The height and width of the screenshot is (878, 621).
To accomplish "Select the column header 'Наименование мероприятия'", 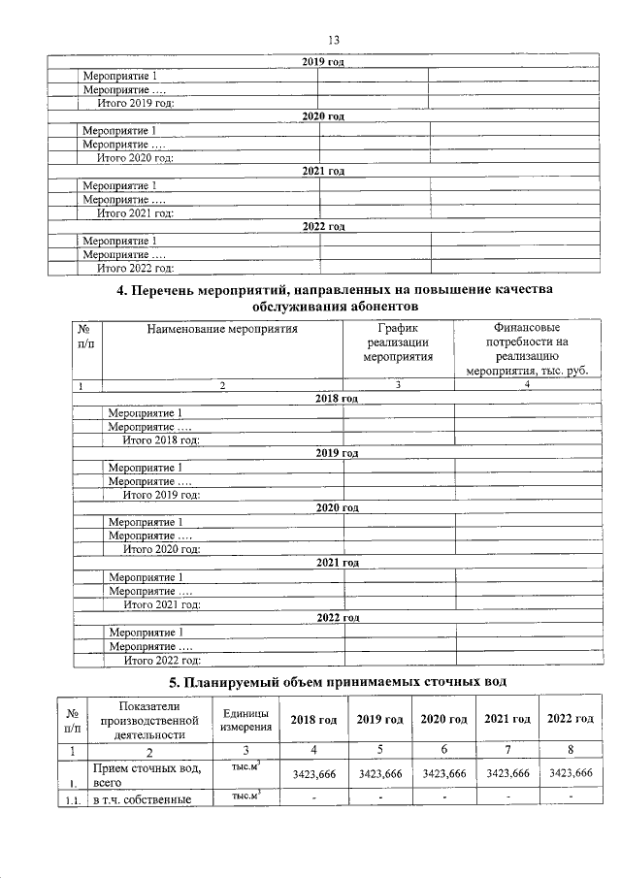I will pos(221,329).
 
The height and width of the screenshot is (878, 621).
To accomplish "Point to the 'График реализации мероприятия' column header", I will pos(398,342).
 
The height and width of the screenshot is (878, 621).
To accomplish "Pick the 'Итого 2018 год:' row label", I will pos(161,439).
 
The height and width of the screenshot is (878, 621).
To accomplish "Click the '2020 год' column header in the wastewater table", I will pos(443,720).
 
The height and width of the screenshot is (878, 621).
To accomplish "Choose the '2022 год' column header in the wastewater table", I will pos(571,720).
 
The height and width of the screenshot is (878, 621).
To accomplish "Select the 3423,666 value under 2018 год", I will pos(313,773).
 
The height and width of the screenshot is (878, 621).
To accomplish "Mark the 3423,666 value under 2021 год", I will pos(507,773).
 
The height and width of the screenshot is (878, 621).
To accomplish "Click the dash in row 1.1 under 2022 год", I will pos(571,798).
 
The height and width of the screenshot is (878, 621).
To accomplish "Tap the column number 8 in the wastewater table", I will pos(571,750).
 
